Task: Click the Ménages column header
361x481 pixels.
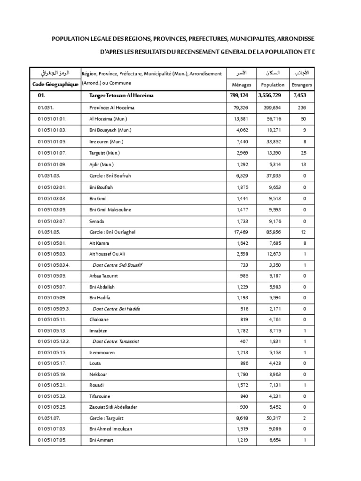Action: tap(242, 85)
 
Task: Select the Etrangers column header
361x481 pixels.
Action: tap(302, 85)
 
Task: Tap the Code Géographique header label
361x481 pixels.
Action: tap(55, 84)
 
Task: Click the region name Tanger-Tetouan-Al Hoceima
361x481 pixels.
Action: tap(121, 96)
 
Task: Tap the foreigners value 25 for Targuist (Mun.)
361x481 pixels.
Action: tap(304, 153)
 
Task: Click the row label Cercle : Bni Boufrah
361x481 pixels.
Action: tap(110, 176)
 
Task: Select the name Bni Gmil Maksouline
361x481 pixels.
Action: tap(110, 209)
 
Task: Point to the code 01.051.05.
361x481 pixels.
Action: tap(49, 232)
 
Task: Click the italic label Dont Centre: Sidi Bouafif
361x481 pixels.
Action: tap(118, 265)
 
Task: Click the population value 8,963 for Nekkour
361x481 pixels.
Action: tap(275, 374)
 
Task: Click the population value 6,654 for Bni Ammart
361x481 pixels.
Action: tap(275, 440)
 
